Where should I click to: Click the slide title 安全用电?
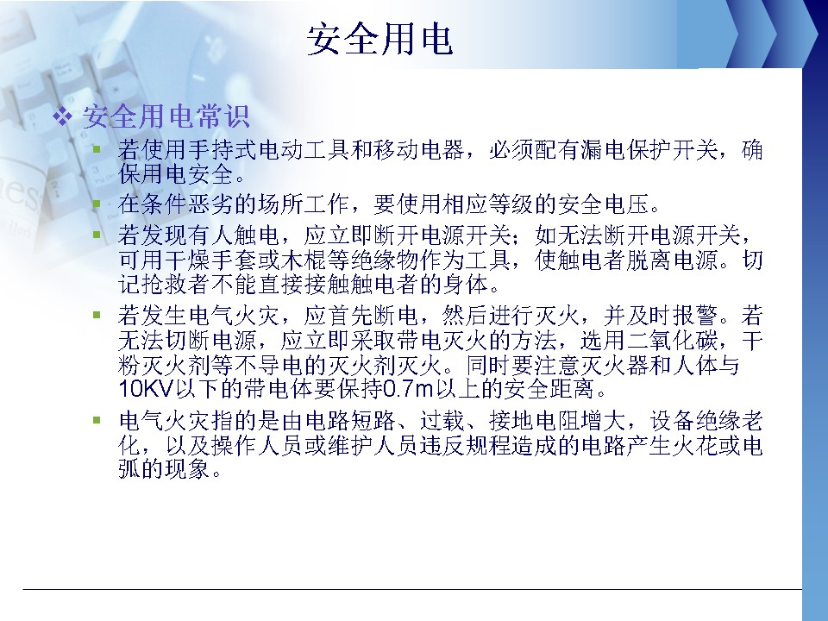pos(379,39)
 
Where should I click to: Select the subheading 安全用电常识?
pos(166,116)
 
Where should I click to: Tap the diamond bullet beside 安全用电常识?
pos(63,116)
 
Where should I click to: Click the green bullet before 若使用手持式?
pos(97,149)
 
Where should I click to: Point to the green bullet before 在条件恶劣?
pos(97,204)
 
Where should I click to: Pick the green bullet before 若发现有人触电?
pos(97,235)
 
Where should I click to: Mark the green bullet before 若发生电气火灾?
pos(97,316)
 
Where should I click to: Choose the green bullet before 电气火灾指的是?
pos(97,420)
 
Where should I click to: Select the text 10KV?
pos(147,389)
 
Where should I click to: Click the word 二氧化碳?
pos(672,341)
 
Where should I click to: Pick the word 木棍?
pos(304,260)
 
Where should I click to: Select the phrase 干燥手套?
pos(211,260)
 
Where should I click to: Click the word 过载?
pos(442,421)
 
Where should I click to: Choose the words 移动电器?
pos(418,150)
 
